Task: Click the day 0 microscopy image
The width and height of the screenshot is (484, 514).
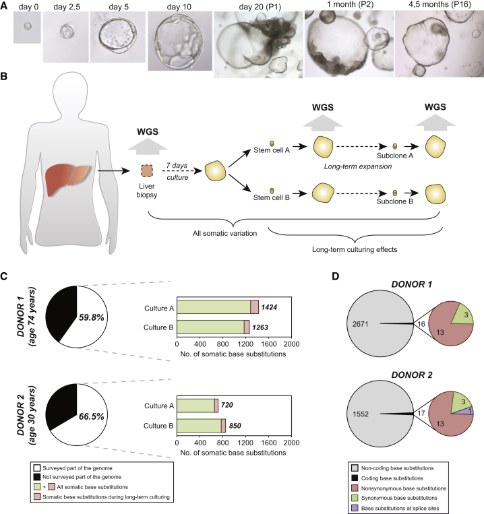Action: (26, 28)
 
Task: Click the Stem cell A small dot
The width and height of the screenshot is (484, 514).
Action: (272, 143)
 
